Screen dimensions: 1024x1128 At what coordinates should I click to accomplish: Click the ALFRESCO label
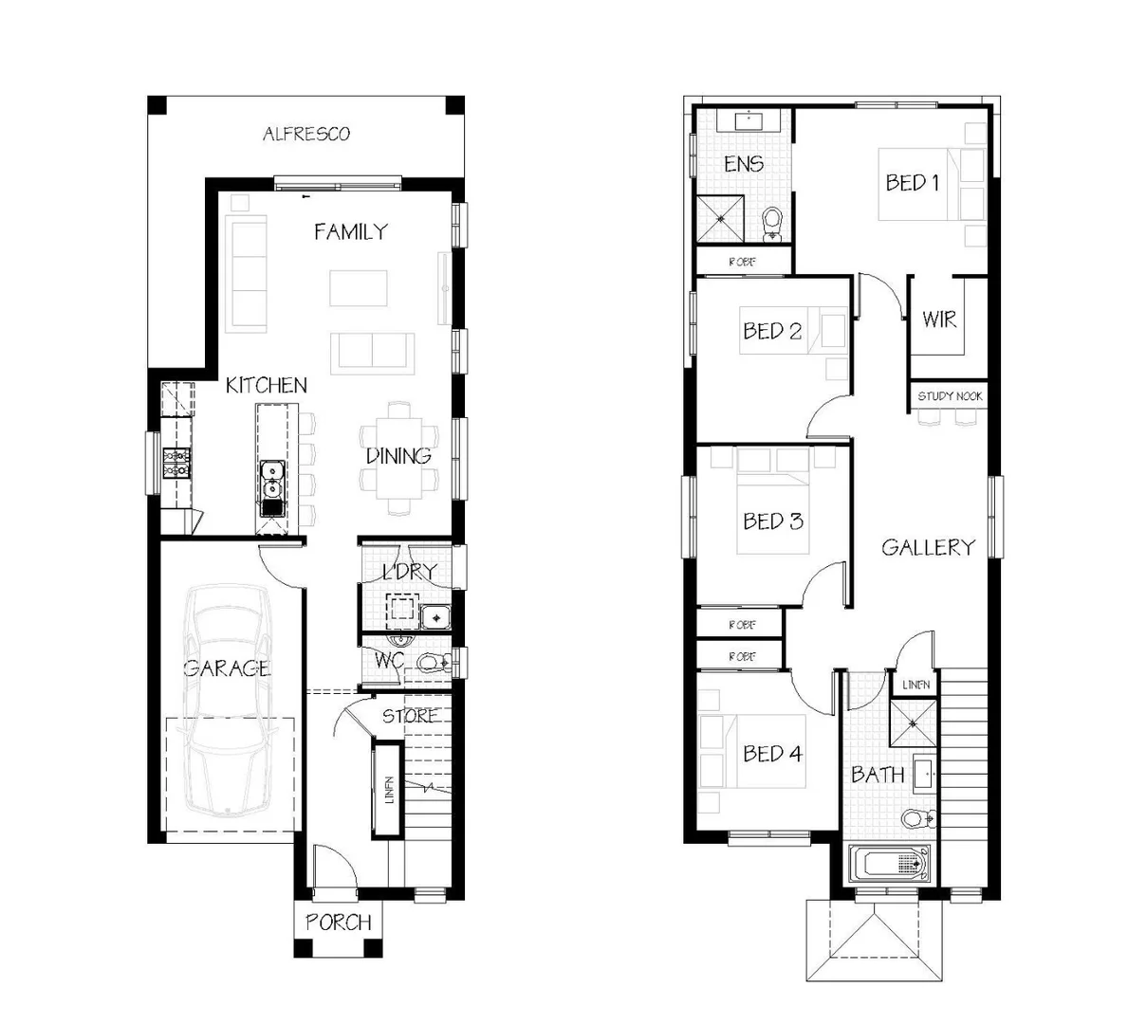coord(305,134)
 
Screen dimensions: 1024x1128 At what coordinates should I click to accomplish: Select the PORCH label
coord(338,922)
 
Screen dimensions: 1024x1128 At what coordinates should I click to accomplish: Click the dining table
coord(399,457)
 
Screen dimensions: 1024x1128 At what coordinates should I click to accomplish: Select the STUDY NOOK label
coord(950,396)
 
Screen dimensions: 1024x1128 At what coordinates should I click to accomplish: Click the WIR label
coord(939,319)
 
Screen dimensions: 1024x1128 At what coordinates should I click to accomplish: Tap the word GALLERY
coord(927,547)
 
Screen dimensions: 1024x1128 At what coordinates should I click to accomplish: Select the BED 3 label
coord(772,521)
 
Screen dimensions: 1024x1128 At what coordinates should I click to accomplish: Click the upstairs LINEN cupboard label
coord(915,685)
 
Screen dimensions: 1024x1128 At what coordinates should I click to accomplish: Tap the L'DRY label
coord(409,572)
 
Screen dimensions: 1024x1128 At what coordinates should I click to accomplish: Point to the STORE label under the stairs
coord(410,716)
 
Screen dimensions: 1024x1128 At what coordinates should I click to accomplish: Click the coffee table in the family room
coord(359,288)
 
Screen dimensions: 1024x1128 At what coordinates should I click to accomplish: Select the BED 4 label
coord(772,754)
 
